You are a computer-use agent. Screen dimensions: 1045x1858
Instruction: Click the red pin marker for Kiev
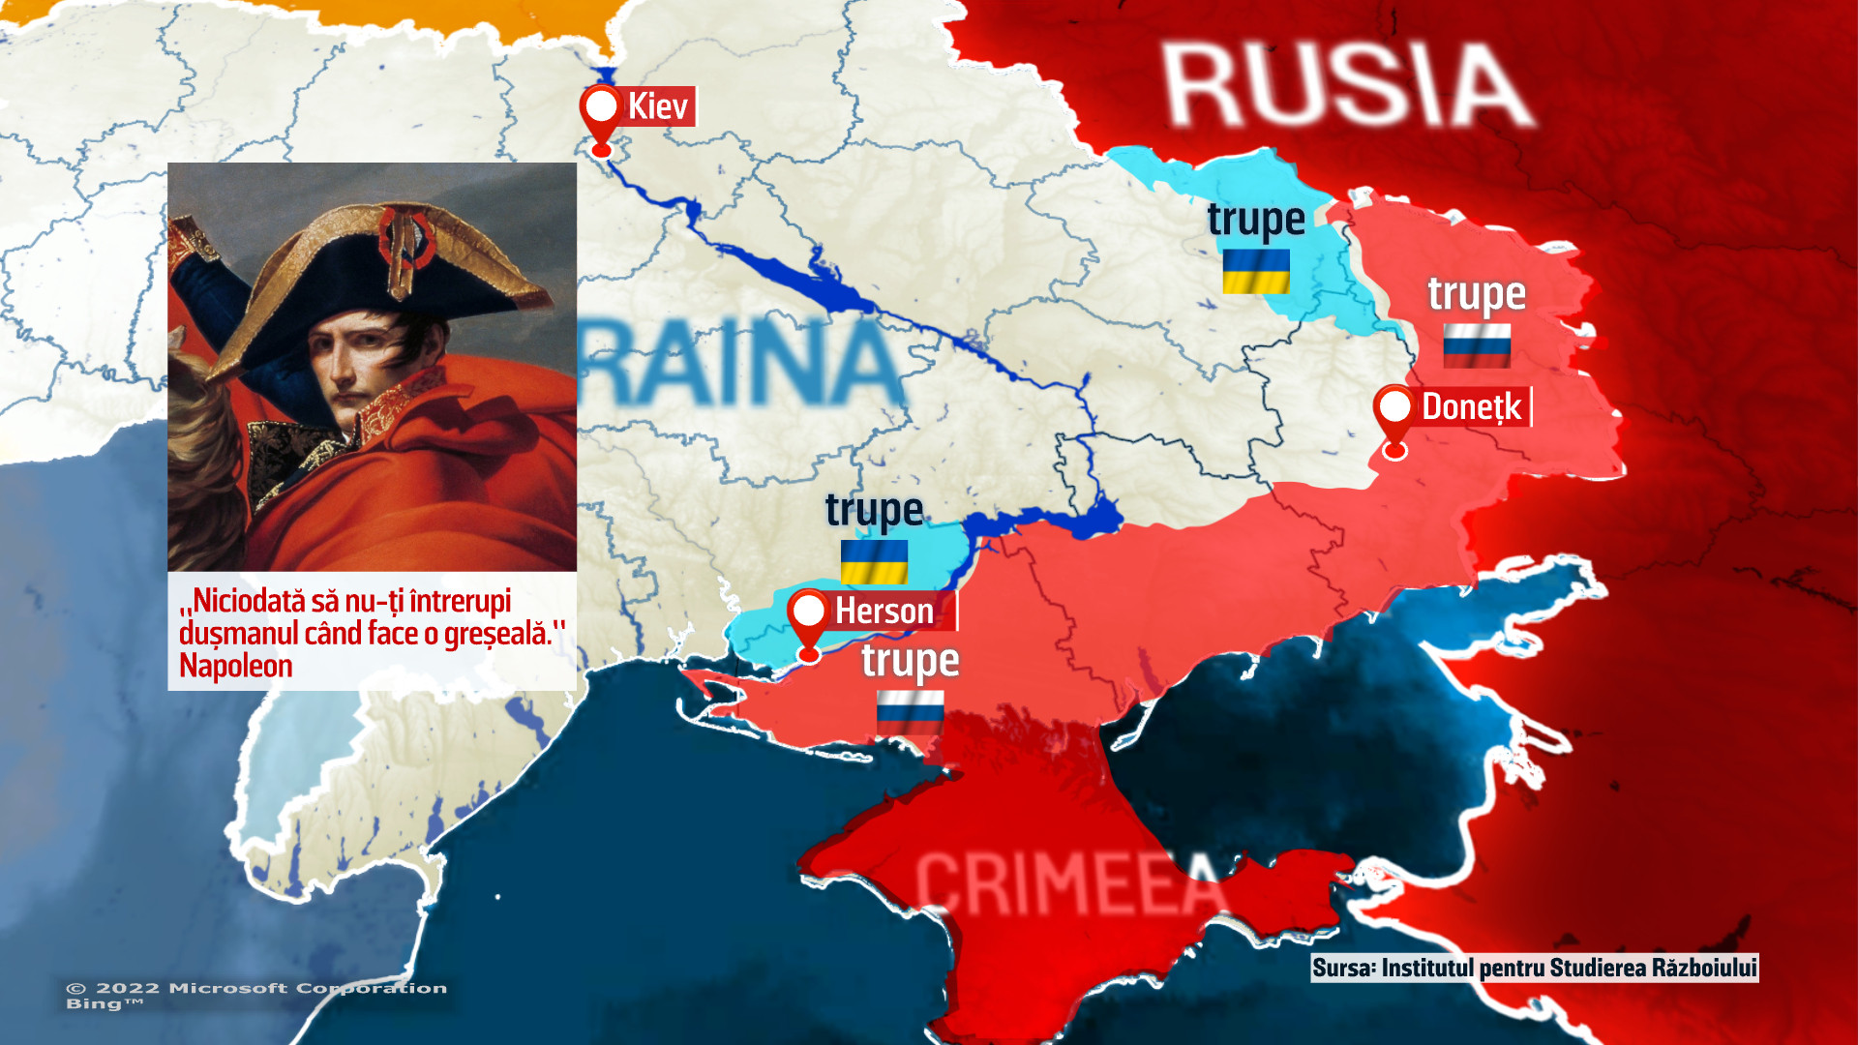click(x=601, y=114)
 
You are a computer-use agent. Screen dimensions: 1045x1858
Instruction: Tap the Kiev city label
click(x=658, y=106)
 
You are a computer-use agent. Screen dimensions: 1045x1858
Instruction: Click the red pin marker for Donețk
click(x=1394, y=414)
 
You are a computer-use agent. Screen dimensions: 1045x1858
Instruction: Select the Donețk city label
click(x=1471, y=407)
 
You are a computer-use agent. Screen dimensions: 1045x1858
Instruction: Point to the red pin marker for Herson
click(x=809, y=617)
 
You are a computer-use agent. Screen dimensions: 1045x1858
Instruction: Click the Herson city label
click(x=884, y=612)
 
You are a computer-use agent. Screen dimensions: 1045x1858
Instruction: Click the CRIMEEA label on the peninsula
click(x=1069, y=882)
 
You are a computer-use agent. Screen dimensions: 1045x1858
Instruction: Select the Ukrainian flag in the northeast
click(x=1256, y=271)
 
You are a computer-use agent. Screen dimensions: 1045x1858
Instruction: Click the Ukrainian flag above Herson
click(x=874, y=561)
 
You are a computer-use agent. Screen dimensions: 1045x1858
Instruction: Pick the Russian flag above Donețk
click(x=1477, y=345)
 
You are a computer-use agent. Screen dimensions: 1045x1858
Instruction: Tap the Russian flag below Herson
click(x=910, y=713)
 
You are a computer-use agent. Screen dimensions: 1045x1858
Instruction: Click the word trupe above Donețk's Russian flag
click(x=1477, y=294)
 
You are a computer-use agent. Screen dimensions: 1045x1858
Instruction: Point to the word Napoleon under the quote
click(x=236, y=666)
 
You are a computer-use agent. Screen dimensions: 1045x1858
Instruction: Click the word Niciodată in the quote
click(x=249, y=601)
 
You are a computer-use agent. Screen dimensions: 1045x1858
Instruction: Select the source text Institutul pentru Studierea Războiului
click(x=1568, y=969)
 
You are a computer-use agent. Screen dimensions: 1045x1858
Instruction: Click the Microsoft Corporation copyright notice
click(x=256, y=988)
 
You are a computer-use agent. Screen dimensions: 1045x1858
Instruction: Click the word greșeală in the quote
click(x=496, y=634)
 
